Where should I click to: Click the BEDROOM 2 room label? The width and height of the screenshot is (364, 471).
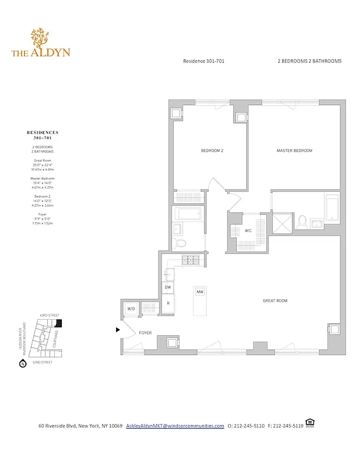coord(212,151)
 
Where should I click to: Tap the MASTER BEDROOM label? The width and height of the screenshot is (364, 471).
coord(294,151)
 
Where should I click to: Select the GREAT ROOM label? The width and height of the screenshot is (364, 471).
coord(275,301)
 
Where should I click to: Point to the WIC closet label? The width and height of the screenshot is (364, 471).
coord(249,230)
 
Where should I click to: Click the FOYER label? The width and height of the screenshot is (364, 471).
coord(145,333)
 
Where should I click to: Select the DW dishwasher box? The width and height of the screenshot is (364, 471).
coord(168,287)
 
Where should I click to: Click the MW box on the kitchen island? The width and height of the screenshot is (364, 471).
coord(200,291)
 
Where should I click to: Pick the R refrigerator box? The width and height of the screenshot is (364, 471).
coord(168,303)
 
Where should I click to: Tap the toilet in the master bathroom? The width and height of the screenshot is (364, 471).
coord(302,222)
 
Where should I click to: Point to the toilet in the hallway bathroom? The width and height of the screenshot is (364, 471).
coord(182,243)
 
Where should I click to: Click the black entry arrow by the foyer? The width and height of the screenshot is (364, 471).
coord(118,330)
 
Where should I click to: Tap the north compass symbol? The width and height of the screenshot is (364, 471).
coord(22,364)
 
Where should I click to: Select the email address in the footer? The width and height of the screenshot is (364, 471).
coord(175,426)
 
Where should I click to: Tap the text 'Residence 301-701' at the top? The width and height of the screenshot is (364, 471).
coord(203,61)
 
